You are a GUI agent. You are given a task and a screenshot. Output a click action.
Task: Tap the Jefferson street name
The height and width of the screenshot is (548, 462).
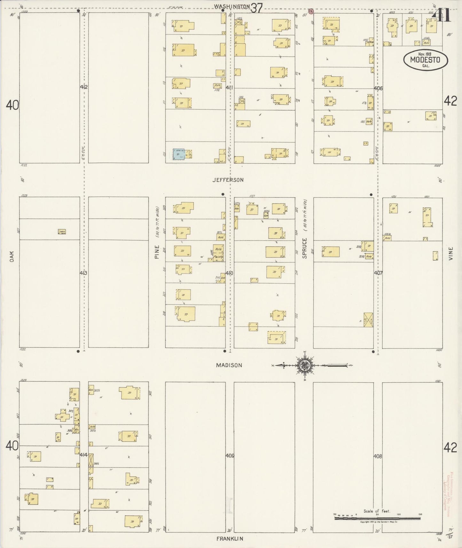tap(228, 180)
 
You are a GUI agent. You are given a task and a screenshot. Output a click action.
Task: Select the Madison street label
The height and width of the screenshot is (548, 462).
tap(229, 365)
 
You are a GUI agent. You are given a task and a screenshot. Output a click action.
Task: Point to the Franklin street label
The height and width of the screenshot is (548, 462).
tap(230, 539)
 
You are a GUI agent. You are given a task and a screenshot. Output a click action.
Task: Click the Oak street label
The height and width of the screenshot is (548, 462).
tap(12, 256)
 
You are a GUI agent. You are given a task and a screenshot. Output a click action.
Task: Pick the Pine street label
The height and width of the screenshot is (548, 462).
tap(157, 252)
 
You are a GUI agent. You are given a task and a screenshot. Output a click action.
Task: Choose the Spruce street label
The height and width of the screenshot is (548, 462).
tap(304, 248)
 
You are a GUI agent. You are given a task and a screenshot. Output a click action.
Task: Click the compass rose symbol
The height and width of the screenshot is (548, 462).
tap(302, 365)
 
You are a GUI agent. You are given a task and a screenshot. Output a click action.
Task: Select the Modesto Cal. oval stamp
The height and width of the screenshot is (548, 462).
tap(426, 60)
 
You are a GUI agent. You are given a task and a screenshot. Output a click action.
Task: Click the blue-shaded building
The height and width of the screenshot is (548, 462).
tap(179, 154)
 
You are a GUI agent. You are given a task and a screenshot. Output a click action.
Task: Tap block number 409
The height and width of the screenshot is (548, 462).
tap(230, 456)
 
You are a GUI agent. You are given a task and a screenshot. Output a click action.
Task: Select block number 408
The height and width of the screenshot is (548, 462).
tap(378, 456)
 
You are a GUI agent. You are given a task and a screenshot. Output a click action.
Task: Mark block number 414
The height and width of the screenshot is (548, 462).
tap(84, 455)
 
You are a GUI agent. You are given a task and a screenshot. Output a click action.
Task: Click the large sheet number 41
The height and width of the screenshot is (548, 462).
tap(441, 15)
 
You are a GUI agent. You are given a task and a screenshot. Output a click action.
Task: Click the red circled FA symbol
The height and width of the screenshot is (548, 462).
tap(310, 11)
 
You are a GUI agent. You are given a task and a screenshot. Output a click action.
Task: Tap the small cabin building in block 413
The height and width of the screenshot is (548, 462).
tap(62, 231)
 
